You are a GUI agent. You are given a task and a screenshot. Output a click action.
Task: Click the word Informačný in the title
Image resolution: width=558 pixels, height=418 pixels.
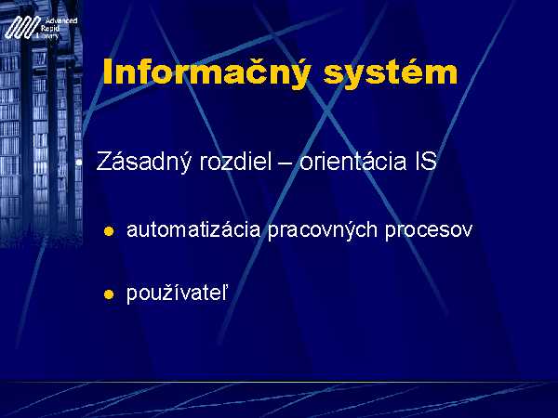tap(206, 72)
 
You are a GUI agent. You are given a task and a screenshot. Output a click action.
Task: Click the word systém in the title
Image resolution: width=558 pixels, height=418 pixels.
tap(391, 72)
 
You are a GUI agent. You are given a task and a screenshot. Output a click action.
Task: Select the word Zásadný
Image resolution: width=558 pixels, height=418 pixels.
tap(144, 162)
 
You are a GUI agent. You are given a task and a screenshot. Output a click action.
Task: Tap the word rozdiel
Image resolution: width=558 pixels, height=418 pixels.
tap(235, 161)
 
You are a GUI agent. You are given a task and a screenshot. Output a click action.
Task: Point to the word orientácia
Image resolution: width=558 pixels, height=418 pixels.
tap(352, 161)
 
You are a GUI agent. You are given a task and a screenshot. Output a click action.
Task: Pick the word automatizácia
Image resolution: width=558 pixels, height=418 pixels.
tap(193, 229)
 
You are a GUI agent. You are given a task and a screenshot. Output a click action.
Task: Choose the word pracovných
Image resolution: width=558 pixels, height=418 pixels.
tap(323, 230)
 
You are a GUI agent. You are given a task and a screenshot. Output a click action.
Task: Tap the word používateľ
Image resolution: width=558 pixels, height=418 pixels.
tap(177, 294)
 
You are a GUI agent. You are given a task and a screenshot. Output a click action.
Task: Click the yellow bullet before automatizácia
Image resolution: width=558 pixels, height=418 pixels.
tap(109, 231)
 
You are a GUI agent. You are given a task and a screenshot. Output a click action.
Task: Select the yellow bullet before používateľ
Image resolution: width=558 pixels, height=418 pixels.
tap(109, 294)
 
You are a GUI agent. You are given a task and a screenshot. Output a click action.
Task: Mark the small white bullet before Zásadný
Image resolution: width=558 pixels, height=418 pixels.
tap(79, 163)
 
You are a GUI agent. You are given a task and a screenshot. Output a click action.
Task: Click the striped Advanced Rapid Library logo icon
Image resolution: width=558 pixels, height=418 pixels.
tap(21, 28)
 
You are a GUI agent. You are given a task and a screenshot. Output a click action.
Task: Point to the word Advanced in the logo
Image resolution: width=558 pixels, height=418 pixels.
tap(61, 20)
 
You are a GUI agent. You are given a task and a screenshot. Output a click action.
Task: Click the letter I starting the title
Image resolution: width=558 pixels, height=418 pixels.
tap(107, 72)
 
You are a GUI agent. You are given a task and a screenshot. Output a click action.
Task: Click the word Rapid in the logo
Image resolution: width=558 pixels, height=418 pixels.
tap(50, 29)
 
